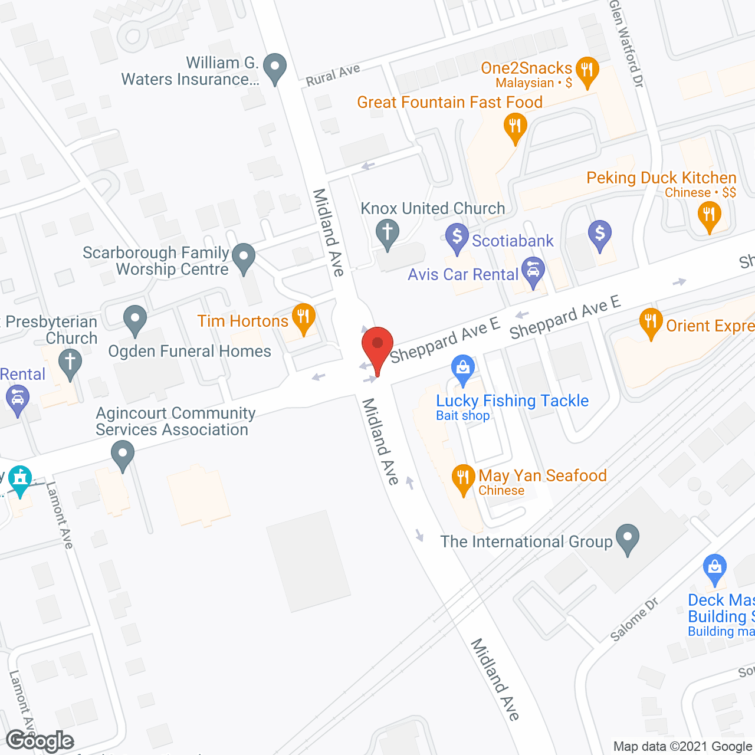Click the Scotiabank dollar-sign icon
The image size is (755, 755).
[x=457, y=237]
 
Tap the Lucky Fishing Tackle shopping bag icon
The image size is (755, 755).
[x=463, y=368]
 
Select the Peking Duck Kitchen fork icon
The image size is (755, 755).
[x=709, y=215]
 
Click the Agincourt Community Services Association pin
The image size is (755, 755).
[x=123, y=456]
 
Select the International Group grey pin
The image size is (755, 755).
[x=627, y=537]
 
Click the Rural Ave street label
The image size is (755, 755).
[x=333, y=75]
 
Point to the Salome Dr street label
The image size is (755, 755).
[x=634, y=619]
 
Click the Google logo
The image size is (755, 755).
[x=40, y=741]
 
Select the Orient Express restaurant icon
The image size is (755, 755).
[x=651, y=322]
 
